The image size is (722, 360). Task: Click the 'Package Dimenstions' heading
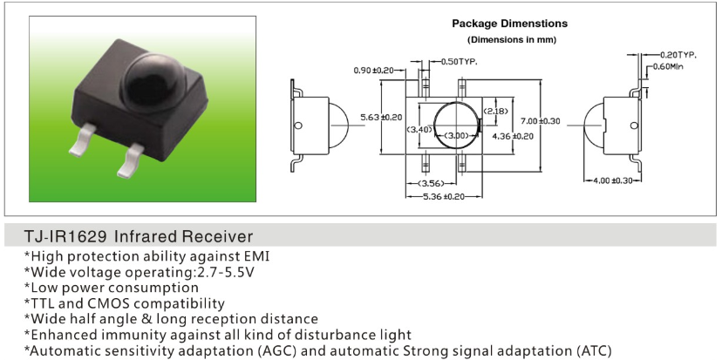(x=510, y=24)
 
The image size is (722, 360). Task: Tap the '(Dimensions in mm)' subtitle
(x=512, y=39)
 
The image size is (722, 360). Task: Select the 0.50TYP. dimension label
(x=459, y=61)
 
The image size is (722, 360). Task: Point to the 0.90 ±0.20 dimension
(x=373, y=71)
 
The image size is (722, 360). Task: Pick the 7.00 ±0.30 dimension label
(x=540, y=121)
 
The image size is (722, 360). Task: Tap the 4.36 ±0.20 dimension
(x=513, y=136)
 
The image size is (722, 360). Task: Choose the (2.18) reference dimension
(x=495, y=111)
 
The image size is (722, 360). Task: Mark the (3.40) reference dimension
(x=419, y=129)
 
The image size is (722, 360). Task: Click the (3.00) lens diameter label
(x=457, y=135)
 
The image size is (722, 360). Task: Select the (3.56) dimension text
(x=431, y=184)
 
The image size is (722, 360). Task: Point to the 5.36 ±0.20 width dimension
(x=444, y=197)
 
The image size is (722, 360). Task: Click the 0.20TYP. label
(x=678, y=55)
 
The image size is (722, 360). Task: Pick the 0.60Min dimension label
(x=668, y=67)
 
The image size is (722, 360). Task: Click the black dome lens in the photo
(x=153, y=83)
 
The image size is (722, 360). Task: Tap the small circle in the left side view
(x=298, y=126)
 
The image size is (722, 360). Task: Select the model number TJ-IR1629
(x=66, y=236)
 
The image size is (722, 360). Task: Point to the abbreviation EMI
(x=258, y=255)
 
